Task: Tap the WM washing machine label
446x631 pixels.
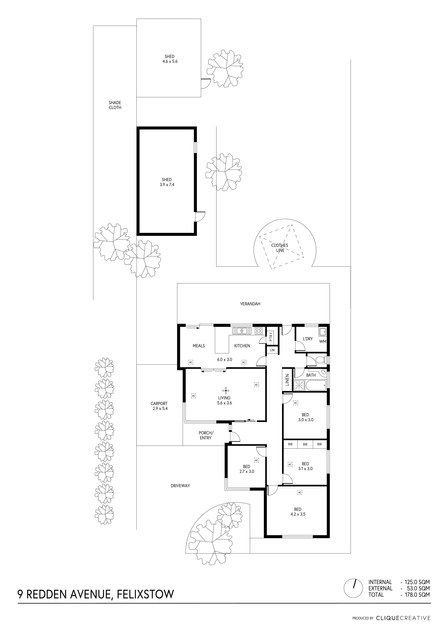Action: tap(323, 342)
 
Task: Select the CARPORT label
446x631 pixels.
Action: tap(159, 403)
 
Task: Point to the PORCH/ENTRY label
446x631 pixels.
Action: tap(206, 435)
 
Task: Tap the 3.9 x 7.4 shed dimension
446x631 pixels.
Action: tap(167, 185)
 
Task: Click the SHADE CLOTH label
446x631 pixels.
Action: tap(115, 105)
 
